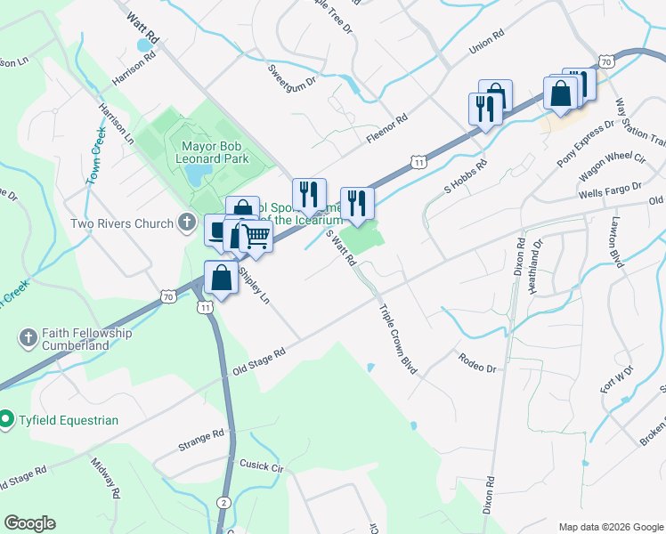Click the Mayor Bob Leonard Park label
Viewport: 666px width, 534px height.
coord(215,152)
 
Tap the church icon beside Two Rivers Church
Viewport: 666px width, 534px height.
coord(186,222)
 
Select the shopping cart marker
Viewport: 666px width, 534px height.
coord(256,236)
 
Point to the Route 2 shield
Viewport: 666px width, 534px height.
coord(225,504)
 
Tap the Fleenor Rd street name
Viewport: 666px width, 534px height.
coord(386,129)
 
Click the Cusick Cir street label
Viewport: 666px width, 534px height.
coord(260,465)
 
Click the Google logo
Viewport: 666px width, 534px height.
coord(29,523)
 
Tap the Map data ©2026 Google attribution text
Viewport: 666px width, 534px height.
coord(610,527)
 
